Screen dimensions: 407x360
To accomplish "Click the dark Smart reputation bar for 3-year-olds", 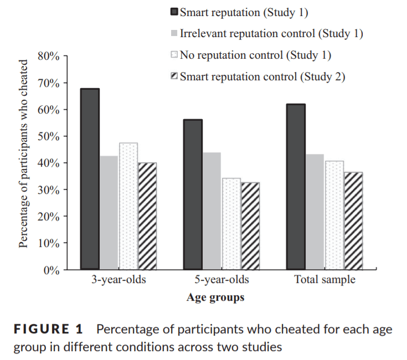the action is (90, 179).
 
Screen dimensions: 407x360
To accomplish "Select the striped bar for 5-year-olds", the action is (250, 226).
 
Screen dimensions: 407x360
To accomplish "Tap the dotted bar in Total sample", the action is (334, 215).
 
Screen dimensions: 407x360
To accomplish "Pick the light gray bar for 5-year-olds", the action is (212, 211).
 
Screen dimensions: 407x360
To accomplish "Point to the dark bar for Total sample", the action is (296, 187).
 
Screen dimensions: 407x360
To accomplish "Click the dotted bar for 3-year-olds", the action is (128, 206).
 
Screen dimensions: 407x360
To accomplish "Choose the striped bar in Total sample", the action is (353, 221).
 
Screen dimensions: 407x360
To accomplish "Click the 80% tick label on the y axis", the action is (49, 56).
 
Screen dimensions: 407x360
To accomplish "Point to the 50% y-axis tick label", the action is (49, 137).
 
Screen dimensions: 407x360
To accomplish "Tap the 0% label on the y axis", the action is (51, 270).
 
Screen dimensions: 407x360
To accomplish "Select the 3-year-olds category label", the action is (119, 280).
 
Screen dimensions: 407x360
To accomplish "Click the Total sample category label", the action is (324, 280).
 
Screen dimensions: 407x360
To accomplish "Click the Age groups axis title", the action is (215, 297).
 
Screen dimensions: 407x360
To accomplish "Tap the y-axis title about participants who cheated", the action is (23, 153).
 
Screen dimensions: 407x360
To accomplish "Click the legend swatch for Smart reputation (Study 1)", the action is (174, 12).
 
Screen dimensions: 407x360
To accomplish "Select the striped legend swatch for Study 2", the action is (174, 76).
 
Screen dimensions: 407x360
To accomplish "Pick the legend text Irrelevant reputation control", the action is (248, 34).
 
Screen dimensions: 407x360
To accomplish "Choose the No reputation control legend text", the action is (231, 55).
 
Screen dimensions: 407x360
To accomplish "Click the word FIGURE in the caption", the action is (42, 329).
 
